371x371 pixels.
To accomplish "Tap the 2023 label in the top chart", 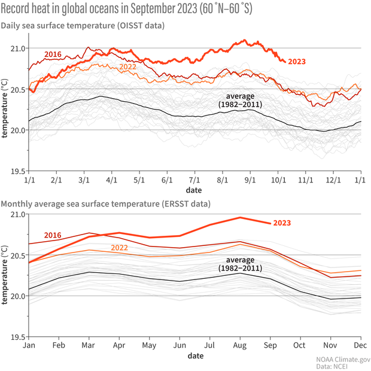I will coord(297,61).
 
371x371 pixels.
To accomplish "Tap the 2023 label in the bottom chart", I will coord(282,223).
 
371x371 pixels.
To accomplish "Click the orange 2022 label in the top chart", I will coord(127,66).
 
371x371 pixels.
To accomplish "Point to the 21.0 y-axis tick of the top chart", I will coord(19,48).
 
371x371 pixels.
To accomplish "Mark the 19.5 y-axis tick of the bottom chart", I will coord(19,337).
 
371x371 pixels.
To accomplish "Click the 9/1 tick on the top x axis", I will coord(250,179).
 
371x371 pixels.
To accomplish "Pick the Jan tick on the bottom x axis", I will coord(28,346).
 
